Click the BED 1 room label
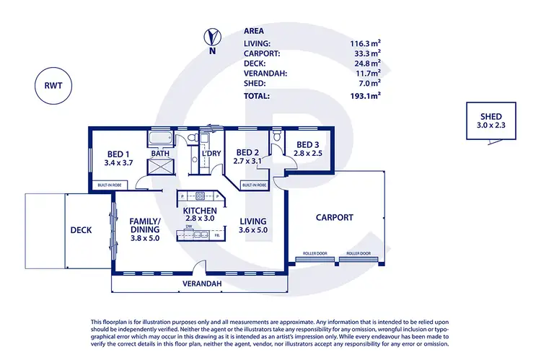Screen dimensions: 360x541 tap(118, 154)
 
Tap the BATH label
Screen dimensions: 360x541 tap(160, 154)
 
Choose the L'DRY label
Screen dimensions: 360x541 tap(211, 154)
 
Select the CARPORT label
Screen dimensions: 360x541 tap(335, 216)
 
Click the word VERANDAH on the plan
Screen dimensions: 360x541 tap(201, 284)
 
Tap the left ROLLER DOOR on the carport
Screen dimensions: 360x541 tap(312, 254)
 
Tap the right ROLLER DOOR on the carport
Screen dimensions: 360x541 tap(358, 254)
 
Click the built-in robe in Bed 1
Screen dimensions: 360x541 tap(110, 185)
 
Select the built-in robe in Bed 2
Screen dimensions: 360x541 tap(255, 185)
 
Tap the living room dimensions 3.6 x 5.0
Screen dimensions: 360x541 tap(253, 231)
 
